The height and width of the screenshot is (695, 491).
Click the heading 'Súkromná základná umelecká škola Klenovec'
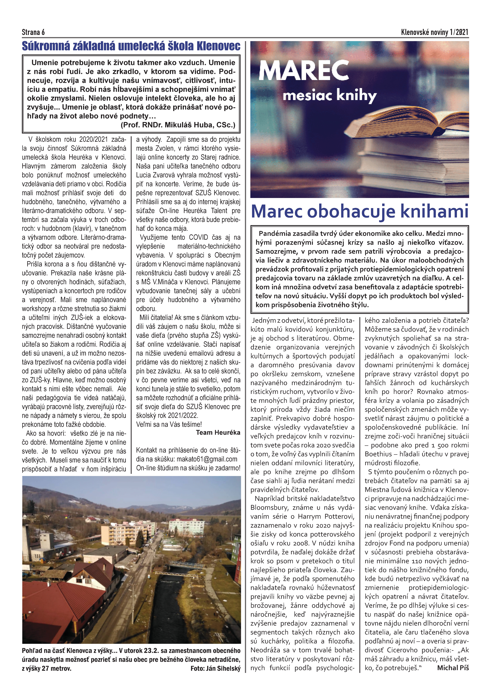(x=131, y=46)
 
